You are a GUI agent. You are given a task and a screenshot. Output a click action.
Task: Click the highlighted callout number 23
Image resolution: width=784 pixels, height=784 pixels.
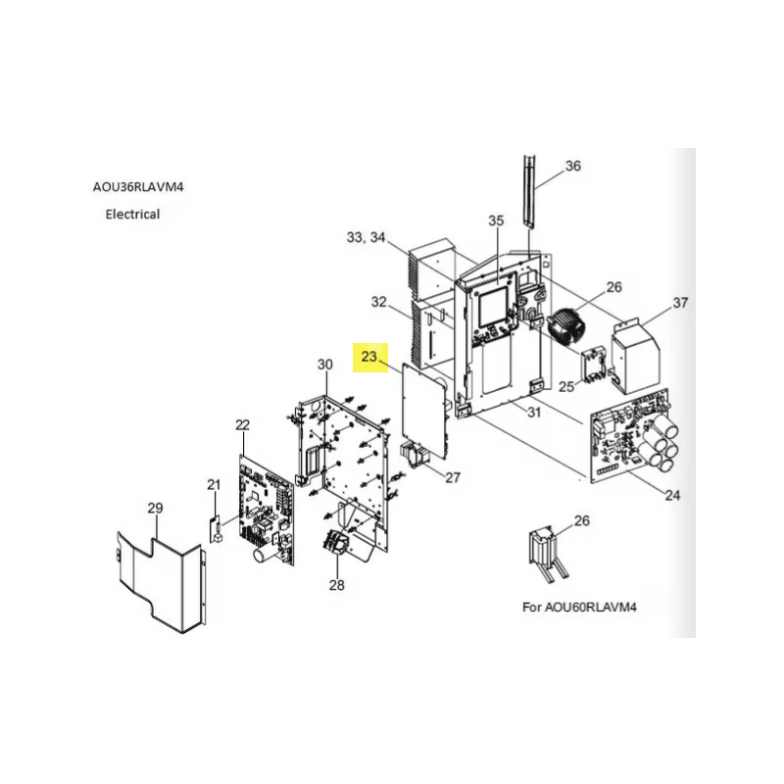pyautogui.click(x=368, y=357)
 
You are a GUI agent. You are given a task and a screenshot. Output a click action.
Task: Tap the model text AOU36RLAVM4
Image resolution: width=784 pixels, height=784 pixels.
pyautogui.click(x=138, y=187)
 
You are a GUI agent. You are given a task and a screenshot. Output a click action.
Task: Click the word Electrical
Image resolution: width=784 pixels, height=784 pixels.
pyautogui.click(x=132, y=214)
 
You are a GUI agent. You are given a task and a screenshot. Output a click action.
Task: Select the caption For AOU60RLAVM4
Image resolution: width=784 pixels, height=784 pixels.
pyautogui.click(x=579, y=607)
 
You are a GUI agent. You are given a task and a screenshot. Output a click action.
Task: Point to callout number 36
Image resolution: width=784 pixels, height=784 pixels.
pyautogui.click(x=573, y=166)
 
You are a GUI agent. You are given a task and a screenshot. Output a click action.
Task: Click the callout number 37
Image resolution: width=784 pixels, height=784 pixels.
pyautogui.click(x=680, y=303)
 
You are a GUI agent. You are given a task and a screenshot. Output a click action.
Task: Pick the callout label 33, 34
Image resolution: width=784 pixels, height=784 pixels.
pyautogui.click(x=366, y=237)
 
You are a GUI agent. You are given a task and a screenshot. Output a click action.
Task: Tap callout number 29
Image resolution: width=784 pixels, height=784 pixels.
pyautogui.click(x=155, y=508)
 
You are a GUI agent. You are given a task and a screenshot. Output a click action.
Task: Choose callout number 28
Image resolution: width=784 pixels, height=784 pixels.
pyautogui.click(x=336, y=584)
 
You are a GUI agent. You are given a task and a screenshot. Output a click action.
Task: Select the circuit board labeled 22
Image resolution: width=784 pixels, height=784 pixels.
pyautogui.click(x=267, y=510)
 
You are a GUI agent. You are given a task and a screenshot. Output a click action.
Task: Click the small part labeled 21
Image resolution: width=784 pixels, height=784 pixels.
pyautogui.click(x=216, y=529)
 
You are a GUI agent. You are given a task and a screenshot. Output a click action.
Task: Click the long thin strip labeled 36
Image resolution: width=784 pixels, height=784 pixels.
pyautogui.click(x=529, y=191)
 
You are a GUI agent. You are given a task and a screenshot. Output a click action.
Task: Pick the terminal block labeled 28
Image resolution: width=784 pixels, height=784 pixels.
pyautogui.click(x=335, y=542)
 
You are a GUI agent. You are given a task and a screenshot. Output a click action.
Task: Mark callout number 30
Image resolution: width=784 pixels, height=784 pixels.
pyautogui.click(x=325, y=365)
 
